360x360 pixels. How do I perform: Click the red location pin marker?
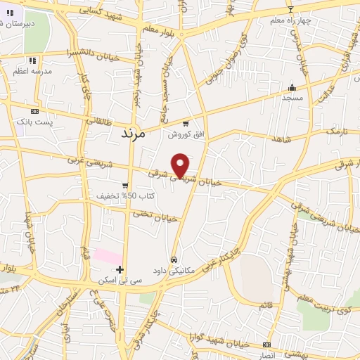pyautogui.click(x=181, y=166)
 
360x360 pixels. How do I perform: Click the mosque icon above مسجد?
pyautogui.click(x=292, y=88)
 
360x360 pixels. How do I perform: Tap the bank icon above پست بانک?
pyautogui.click(x=34, y=111)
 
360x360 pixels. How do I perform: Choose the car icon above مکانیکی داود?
pyautogui.click(x=174, y=259)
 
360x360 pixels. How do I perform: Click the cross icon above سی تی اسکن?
pyautogui.click(x=120, y=269)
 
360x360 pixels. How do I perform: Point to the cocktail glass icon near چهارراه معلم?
pyautogui.click(x=291, y=9)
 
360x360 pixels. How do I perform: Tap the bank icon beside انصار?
pyautogui.click(x=266, y=345)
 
